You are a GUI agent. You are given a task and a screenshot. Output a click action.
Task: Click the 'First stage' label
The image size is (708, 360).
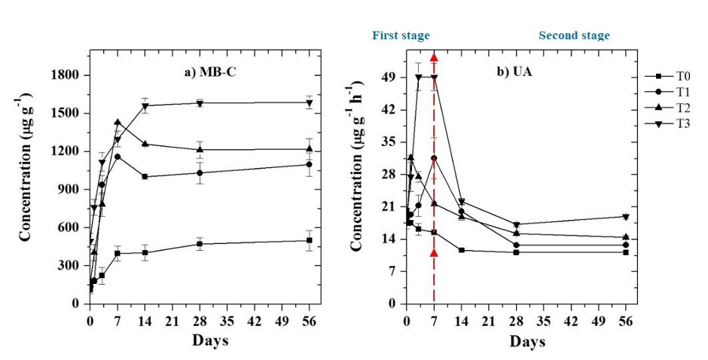click(x=401, y=35)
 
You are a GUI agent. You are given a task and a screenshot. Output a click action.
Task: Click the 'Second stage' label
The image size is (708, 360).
click(x=574, y=35)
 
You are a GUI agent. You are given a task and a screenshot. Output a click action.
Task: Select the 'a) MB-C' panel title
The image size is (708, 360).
click(x=224, y=72)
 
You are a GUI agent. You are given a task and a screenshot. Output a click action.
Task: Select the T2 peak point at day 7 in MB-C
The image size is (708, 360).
click(x=117, y=122)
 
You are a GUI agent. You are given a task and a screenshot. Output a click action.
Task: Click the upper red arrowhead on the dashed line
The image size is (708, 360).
click(x=434, y=58)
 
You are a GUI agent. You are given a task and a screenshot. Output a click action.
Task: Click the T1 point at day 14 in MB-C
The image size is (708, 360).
click(x=145, y=177)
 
